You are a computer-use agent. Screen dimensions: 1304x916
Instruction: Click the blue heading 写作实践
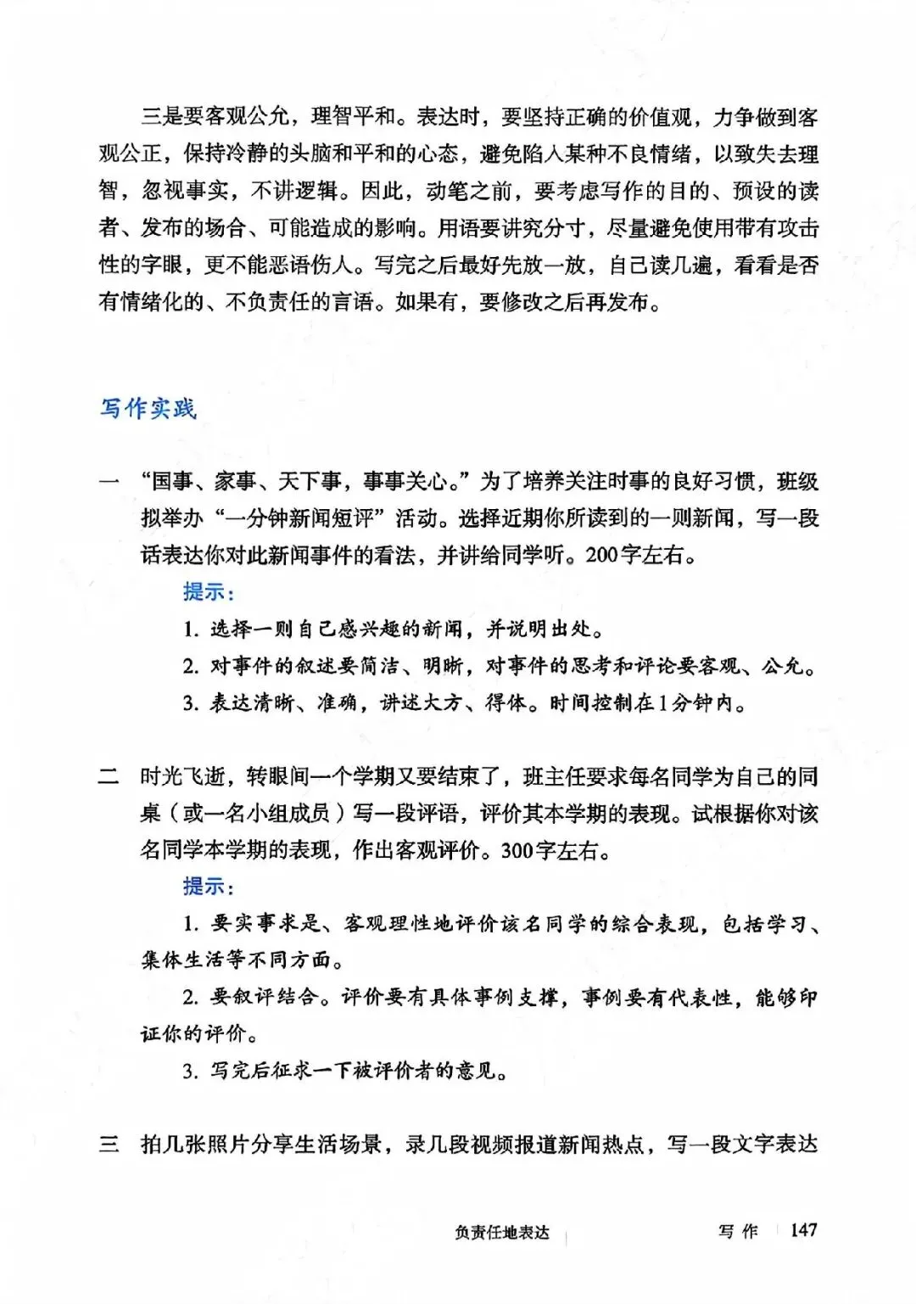tap(148, 409)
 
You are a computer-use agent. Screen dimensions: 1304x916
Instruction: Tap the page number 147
tap(802, 1229)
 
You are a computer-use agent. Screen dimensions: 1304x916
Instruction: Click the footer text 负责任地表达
tap(502, 1233)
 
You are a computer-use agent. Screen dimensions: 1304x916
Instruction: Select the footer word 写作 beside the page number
tap(738, 1231)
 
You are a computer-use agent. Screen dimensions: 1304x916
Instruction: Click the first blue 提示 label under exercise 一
tap(208, 591)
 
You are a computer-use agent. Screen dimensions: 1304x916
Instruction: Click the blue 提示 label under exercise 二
tap(208, 886)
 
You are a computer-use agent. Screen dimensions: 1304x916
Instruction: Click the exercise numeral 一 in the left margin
tap(109, 482)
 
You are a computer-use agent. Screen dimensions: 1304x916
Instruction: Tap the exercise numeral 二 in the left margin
tap(109, 776)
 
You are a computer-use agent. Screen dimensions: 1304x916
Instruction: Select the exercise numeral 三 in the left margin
tap(109, 1144)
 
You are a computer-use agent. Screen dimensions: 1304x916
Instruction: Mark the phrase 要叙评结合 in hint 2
tap(263, 997)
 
